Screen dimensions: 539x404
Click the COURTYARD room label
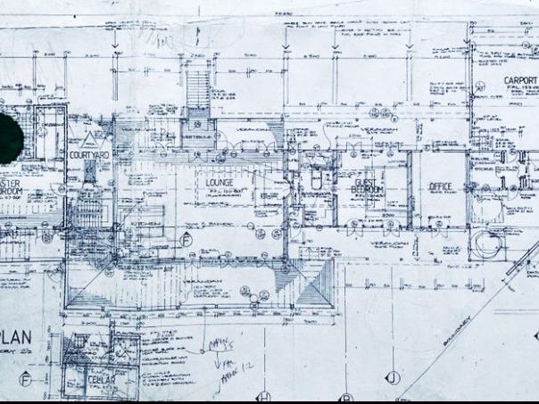pyautogui.click(x=88, y=155)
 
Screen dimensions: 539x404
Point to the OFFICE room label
pyautogui.click(x=441, y=186)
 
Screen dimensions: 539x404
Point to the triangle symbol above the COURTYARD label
pyautogui.click(x=88, y=138)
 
